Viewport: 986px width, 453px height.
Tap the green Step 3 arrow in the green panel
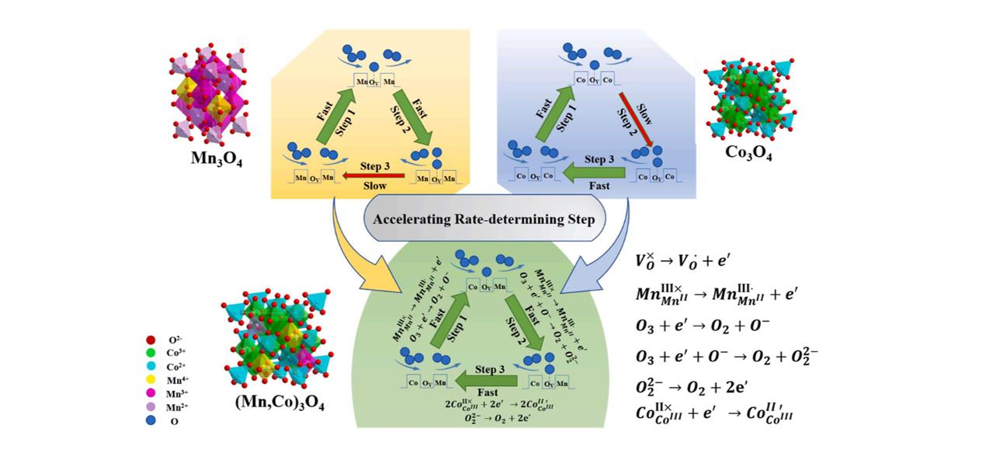click(489, 379)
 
